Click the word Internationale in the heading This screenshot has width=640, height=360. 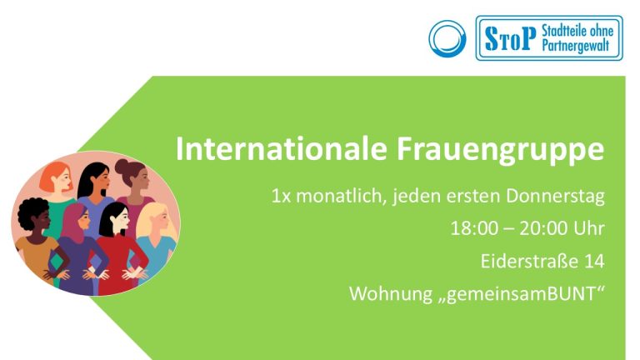pos(281,149)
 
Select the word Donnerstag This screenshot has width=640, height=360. pos(556,197)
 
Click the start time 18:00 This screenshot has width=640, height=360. pos(475,228)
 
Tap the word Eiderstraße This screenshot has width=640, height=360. pos(529,261)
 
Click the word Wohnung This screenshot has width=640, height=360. pos(391,294)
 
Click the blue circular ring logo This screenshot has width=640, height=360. pos(447,39)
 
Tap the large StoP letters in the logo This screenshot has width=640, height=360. pos(510,38)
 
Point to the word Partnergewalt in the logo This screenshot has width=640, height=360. pos(576,46)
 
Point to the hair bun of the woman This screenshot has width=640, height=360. pos(122,166)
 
